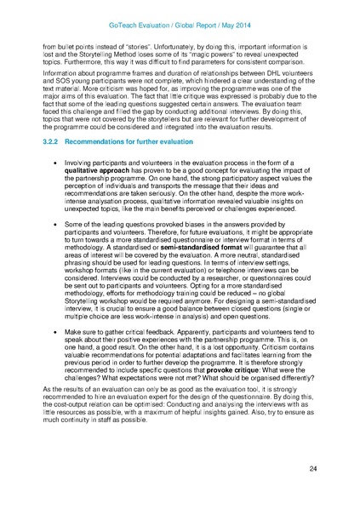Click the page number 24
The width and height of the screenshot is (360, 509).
[x=313, y=468]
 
